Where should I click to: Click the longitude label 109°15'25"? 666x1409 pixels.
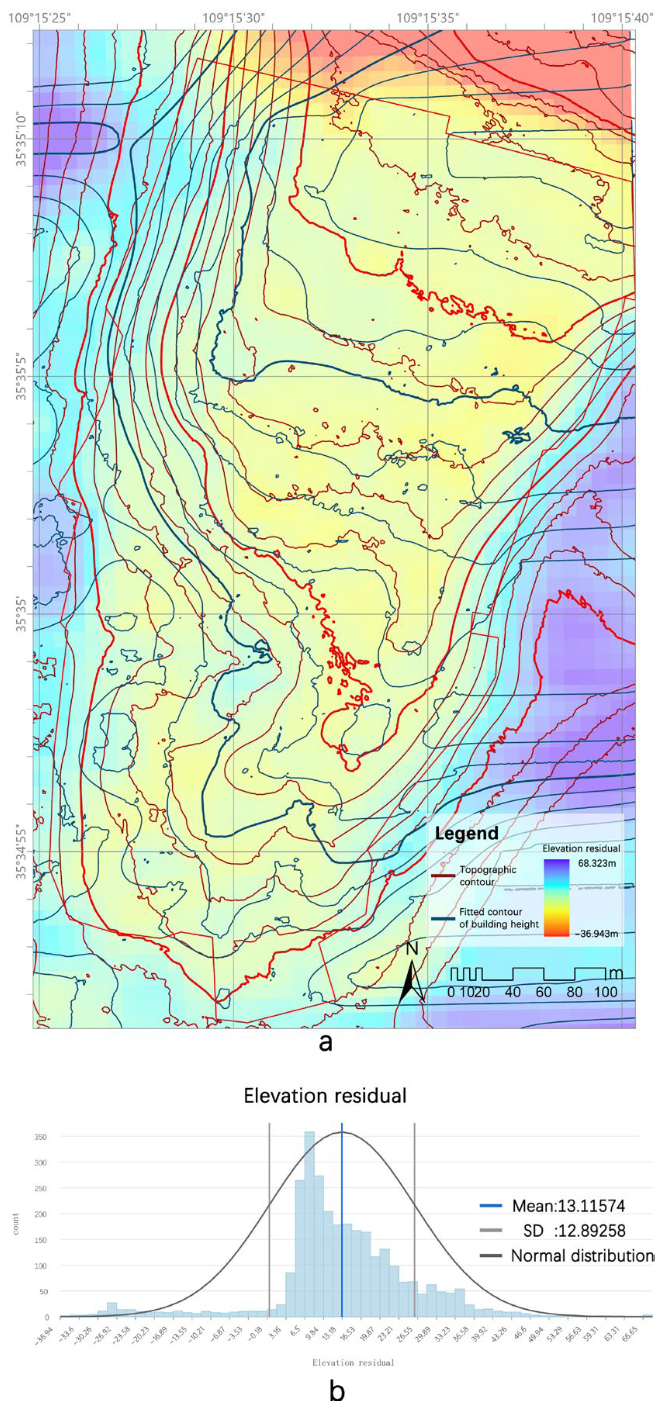[40, 18]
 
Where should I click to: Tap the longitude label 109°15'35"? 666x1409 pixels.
[427, 18]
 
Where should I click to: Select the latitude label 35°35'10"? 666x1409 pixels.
[21, 140]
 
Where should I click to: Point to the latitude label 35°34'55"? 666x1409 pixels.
[21, 852]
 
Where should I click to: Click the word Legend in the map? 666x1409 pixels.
[466, 833]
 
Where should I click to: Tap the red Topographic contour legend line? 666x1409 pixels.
[443, 876]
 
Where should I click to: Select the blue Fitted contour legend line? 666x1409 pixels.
[443, 918]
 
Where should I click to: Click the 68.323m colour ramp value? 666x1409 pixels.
[594, 864]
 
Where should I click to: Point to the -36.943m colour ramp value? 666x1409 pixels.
[596, 934]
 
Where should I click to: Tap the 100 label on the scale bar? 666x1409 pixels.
[605, 992]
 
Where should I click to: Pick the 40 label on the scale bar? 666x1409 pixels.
[512, 992]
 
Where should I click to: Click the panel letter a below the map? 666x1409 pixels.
[325, 1042]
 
